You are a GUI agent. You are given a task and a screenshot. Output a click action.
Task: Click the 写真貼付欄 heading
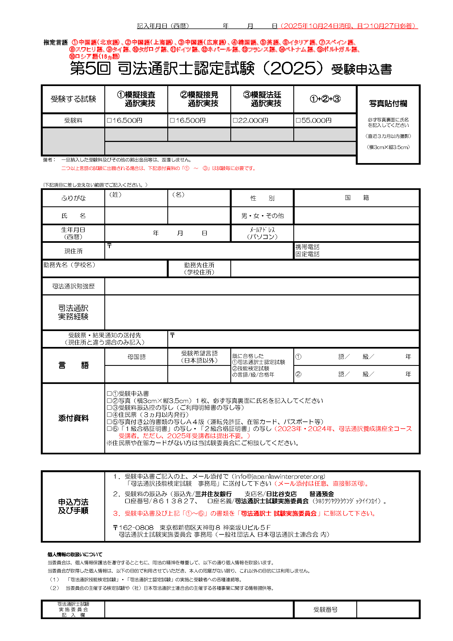388,104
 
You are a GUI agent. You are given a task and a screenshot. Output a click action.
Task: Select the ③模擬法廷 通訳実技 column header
262,99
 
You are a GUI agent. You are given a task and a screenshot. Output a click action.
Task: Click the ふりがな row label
73,198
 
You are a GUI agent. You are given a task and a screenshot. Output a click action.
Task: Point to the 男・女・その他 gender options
262,216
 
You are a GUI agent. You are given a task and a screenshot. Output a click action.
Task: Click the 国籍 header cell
357,198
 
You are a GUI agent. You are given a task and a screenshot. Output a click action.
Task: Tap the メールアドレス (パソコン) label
262,233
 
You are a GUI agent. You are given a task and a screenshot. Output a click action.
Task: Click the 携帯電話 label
307,247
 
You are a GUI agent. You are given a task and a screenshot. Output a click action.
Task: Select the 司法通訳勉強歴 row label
73,286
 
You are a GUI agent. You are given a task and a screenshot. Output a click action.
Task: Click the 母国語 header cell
136,357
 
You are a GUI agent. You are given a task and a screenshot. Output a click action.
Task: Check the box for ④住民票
109,415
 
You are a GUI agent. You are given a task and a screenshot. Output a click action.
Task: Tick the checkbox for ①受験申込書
109,394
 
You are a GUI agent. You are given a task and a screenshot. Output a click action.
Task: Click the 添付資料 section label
73,418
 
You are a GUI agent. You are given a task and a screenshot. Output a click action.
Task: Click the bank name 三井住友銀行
213,494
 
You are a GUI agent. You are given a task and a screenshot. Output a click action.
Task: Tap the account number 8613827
173,501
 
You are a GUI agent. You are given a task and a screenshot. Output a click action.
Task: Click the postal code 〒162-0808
133,527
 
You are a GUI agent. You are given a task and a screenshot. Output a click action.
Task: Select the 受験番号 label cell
325,610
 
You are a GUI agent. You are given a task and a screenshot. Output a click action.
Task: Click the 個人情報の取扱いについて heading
75,554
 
